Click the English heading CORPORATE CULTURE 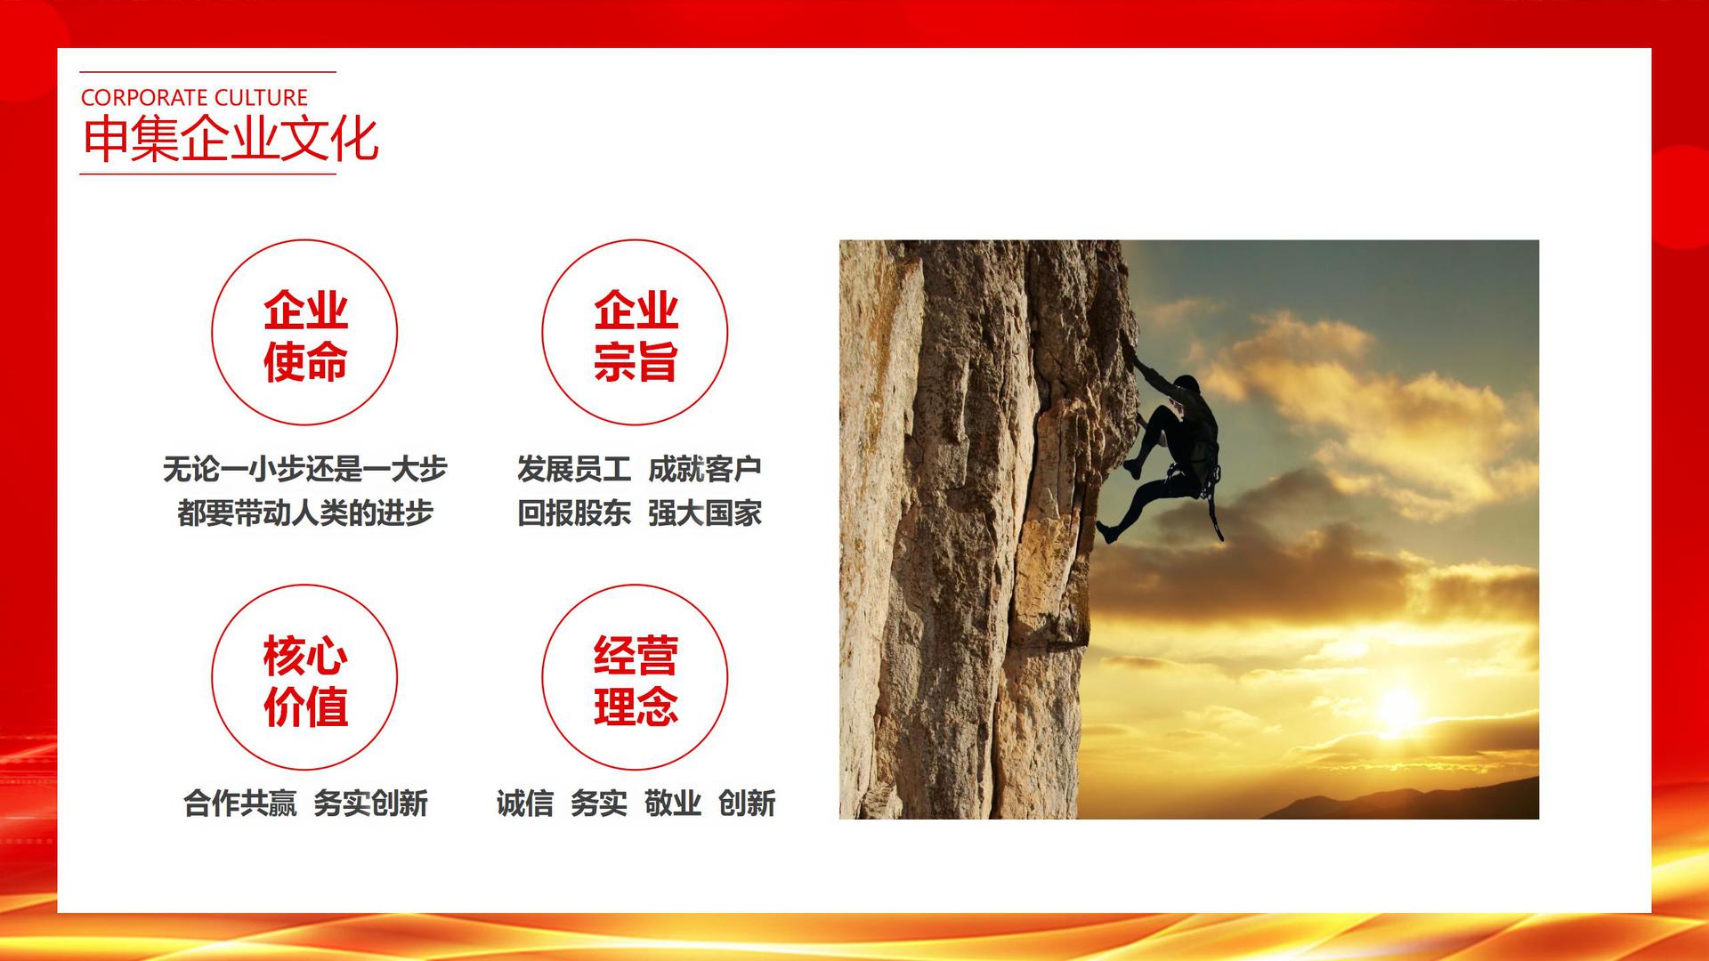point(194,97)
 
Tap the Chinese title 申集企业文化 point(231,140)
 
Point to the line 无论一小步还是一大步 point(304,469)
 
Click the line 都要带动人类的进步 point(304,513)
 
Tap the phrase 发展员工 point(574,469)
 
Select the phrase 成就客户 point(704,469)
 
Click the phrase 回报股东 point(574,513)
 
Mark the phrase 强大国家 point(704,513)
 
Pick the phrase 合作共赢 point(240,804)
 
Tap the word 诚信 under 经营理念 point(525,804)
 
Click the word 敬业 point(673,804)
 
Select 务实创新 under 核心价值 point(370,804)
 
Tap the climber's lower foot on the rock point(1106,532)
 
